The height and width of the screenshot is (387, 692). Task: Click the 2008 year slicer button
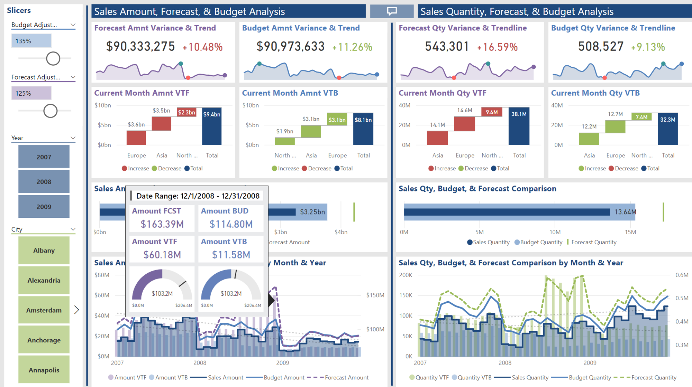[x=44, y=182]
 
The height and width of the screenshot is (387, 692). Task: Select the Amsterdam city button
[x=44, y=310]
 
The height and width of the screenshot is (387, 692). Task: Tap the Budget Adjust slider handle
[x=53, y=58]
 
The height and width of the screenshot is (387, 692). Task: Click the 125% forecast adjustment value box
[x=31, y=93]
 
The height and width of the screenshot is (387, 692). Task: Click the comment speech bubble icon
[x=392, y=11]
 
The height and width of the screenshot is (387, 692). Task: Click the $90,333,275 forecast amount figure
[x=140, y=47]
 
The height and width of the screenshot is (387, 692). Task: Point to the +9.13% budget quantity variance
[x=648, y=47]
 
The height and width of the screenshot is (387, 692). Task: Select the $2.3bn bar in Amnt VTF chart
[x=186, y=112]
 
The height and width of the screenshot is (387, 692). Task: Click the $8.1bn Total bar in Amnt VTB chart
[x=363, y=129]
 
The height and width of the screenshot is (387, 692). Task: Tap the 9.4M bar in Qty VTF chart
[x=492, y=112]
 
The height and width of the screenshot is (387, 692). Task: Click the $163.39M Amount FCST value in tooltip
[x=162, y=224]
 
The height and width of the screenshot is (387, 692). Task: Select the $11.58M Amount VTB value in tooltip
[x=231, y=255]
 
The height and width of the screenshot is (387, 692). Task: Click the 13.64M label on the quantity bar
[x=625, y=212]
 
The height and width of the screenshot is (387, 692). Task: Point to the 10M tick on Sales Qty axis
[x=555, y=232]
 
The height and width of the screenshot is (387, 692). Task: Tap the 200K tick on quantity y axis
[x=406, y=275]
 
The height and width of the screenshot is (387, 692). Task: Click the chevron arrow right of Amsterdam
[x=76, y=310]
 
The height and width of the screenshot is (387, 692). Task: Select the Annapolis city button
[x=44, y=370]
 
